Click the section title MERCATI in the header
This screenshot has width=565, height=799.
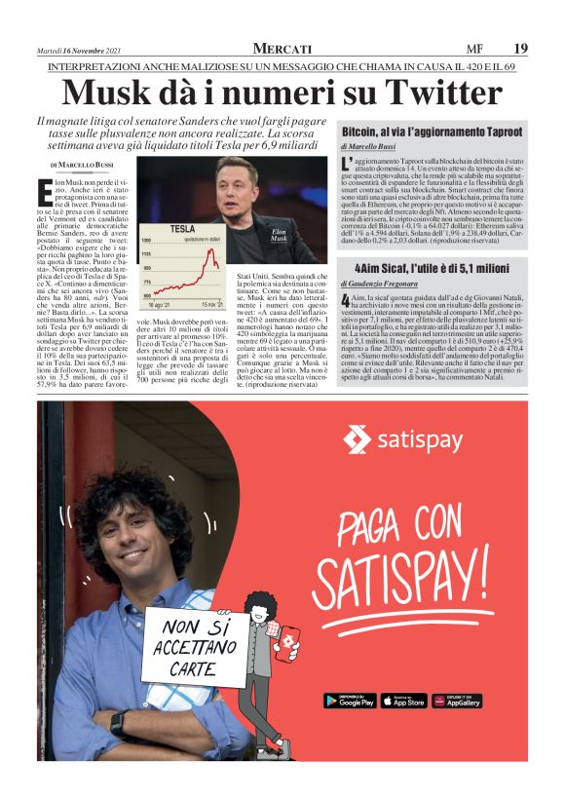pyautogui.click(x=282, y=49)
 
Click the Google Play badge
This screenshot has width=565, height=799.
pyautogui.click(x=350, y=701)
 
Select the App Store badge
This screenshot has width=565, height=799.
pyautogui.click(x=403, y=701)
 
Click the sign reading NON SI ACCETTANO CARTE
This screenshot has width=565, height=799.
pyautogui.click(x=192, y=645)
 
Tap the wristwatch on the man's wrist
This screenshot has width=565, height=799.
pyautogui.click(x=117, y=724)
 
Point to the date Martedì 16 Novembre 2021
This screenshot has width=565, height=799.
pyautogui.click(x=85, y=49)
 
